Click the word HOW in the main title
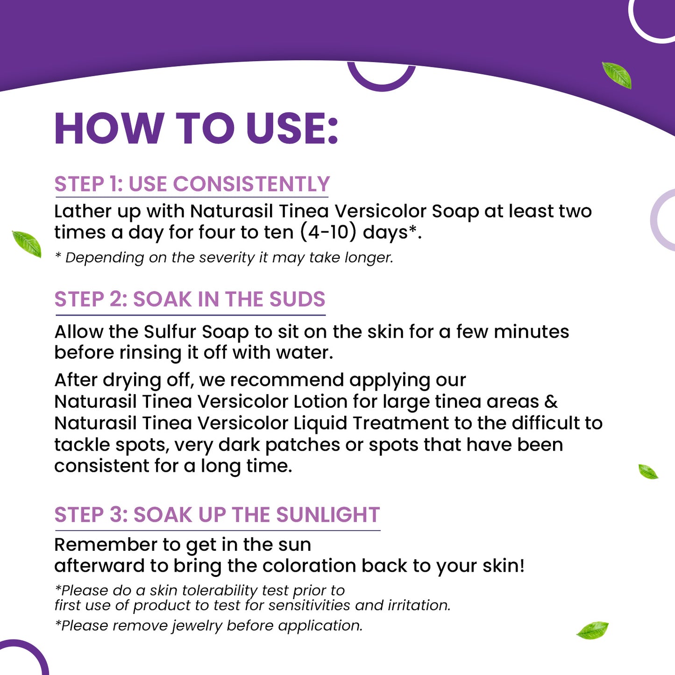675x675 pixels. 109,128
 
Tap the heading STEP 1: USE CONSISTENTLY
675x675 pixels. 192,184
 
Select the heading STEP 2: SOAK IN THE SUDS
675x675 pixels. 190,299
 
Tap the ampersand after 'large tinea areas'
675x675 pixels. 551,402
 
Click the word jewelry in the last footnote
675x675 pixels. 197,625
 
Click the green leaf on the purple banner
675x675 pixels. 617,75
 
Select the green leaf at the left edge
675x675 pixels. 27,244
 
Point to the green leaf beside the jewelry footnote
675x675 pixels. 592,630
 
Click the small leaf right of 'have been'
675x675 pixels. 648,472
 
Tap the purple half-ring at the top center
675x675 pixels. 382,77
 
